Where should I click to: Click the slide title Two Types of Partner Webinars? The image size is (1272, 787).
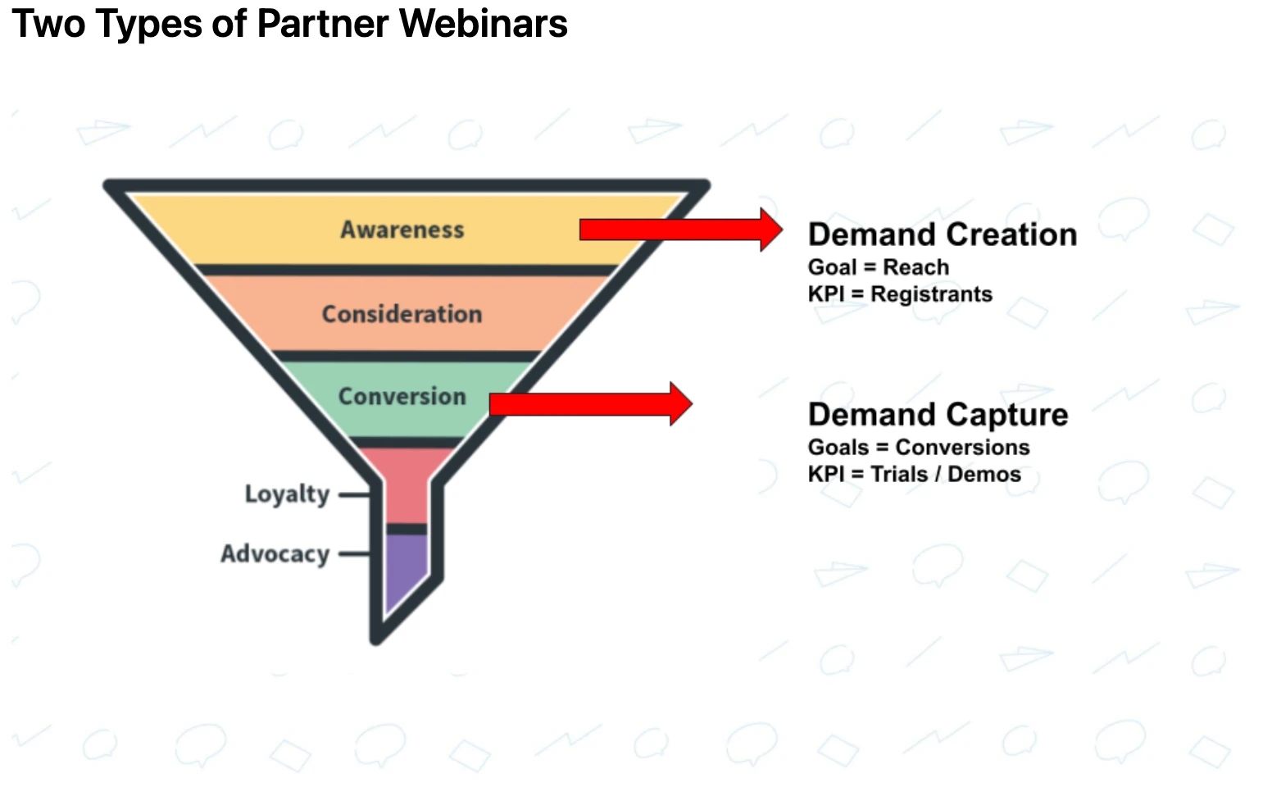(x=289, y=23)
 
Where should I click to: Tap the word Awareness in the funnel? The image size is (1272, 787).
(x=402, y=230)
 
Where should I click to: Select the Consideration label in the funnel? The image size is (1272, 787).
(x=402, y=314)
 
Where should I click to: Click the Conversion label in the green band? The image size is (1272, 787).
(x=402, y=396)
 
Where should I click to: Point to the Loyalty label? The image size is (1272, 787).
(x=287, y=494)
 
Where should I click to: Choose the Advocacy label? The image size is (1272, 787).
(x=275, y=554)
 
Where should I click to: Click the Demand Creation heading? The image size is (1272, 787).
(x=942, y=234)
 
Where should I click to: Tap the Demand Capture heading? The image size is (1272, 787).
(x=938, y=415)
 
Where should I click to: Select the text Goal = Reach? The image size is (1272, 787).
(x=878, y=267)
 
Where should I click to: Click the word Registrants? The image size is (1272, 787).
(x=931, y=294)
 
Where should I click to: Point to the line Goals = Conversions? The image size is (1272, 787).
(x=918, y=448)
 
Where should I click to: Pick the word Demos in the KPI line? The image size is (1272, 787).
(x=984, y=475)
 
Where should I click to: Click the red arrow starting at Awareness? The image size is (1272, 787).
(x=680, y=230)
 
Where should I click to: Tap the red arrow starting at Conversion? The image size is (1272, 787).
(x=590, y=404)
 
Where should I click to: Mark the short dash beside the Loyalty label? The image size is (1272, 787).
(x=354, y=495)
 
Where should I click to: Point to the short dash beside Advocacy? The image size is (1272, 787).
(x=354, y=554)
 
